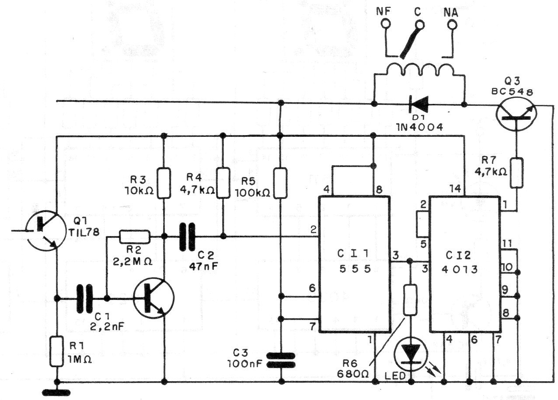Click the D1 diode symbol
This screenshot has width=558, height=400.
[418, 104]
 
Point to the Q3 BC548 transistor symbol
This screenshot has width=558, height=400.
[516, 114]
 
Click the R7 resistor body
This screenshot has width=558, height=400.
[516, 173]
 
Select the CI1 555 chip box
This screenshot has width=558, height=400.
[355, 264]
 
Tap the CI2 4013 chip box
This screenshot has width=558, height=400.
[465, 264]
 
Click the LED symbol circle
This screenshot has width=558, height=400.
[411, 354]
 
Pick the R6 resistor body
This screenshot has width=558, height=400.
[410, 301]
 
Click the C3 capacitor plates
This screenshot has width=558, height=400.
[281, 360]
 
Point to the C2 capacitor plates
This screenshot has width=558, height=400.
[188, 237]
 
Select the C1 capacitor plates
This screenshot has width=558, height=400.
[85, 299]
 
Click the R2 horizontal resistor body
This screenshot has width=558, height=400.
[135, 237]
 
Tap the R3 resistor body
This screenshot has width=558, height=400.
[164, 183]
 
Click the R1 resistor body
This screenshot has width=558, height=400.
[57, 351]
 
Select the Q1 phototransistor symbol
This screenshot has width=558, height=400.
[46, 231]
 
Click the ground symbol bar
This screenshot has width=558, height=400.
[56, 393]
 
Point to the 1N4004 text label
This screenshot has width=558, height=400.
[420, 127]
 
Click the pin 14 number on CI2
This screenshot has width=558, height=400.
[455, 189]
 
